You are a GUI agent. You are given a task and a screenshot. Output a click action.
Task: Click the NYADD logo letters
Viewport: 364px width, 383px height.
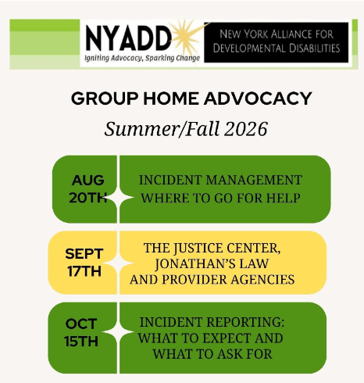point(128,38)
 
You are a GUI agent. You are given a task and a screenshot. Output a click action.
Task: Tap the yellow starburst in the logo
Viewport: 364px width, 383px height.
point(188,38)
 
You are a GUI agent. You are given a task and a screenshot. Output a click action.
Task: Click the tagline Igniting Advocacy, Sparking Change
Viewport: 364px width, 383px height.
point(142,58)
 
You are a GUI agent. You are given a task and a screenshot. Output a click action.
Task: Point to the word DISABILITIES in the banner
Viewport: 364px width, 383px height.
point(308,48)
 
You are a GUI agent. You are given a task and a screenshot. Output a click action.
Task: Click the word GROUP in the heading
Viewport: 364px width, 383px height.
point(105,98)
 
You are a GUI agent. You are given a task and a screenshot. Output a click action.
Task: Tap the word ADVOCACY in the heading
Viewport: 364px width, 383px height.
point(258,98)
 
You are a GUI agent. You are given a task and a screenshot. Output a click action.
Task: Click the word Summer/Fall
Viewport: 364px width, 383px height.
point(162,129)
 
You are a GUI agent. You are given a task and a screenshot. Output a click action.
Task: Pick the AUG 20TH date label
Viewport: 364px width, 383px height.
point(88,189)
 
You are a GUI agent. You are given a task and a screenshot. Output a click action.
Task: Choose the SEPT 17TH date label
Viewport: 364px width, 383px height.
point(84,263)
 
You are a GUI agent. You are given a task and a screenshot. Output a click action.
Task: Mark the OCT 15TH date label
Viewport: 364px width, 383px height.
point(81,332)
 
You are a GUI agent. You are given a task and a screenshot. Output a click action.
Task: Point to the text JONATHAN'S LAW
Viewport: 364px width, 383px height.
point(212,263)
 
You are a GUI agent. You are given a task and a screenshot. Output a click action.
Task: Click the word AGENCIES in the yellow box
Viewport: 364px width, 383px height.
point(262,280)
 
